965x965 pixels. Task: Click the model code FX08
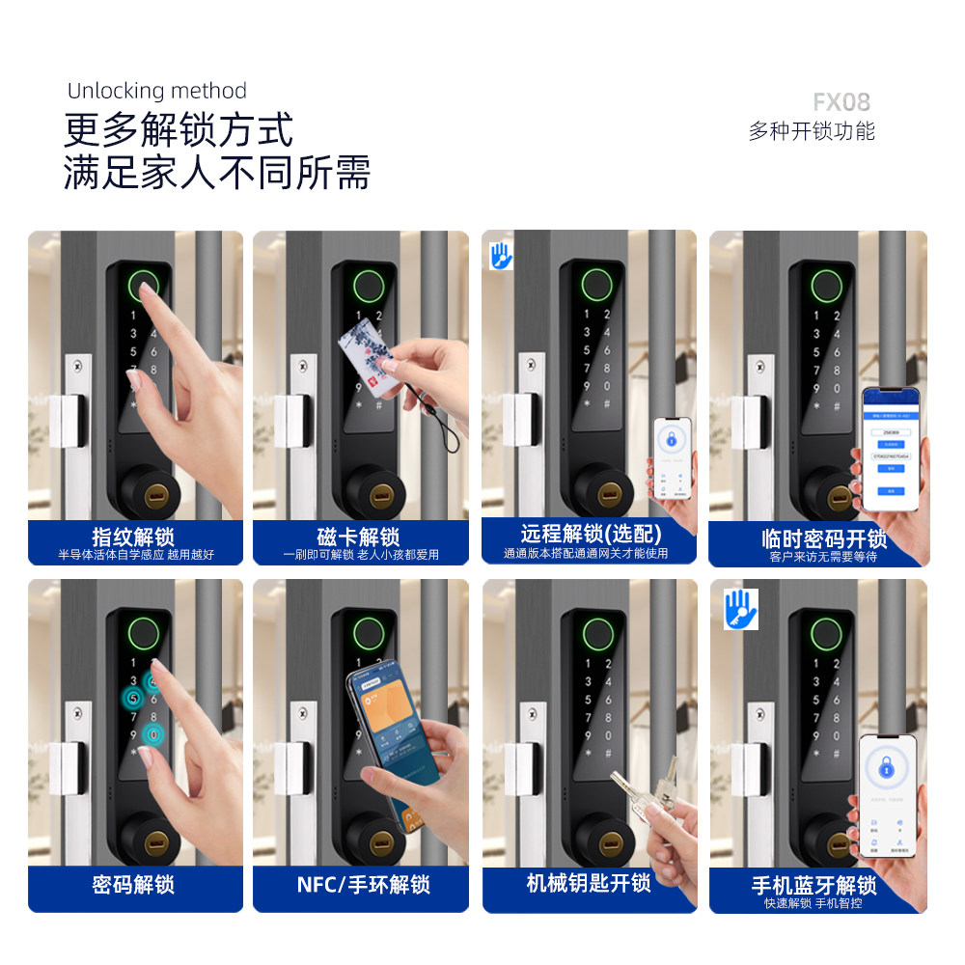[841, 102]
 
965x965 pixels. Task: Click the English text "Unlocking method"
[157, 92]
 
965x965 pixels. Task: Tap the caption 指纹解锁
[133, 537]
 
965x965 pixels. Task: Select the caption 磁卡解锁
[358, 537]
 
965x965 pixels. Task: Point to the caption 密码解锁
[133, 884]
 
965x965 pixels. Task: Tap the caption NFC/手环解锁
[363, 884]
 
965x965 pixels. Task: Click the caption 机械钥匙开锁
[589, 882]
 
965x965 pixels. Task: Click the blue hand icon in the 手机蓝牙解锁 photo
[740, 609]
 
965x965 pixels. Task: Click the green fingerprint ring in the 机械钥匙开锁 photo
[593, 634]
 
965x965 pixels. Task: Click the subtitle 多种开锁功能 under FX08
[812, 131]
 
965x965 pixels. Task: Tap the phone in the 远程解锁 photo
[673, 459]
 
